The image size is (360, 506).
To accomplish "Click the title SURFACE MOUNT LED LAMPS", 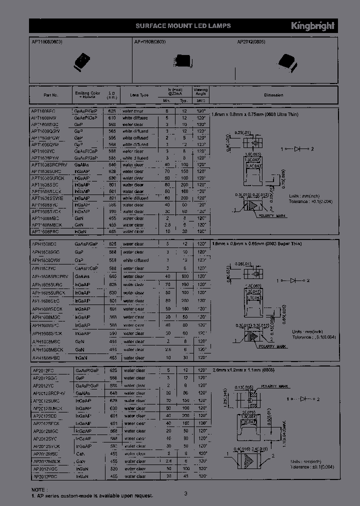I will tap(183, 26).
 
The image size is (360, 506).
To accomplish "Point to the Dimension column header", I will tap(273, 95).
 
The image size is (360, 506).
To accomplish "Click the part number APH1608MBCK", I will tap(47, 350).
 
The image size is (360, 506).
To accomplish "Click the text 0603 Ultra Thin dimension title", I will tap(254, 114).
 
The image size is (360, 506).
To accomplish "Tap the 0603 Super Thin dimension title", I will tap(255, 243).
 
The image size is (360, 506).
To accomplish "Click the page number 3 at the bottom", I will tap(185, 493).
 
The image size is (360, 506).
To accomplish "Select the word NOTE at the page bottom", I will tap(38, 489).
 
